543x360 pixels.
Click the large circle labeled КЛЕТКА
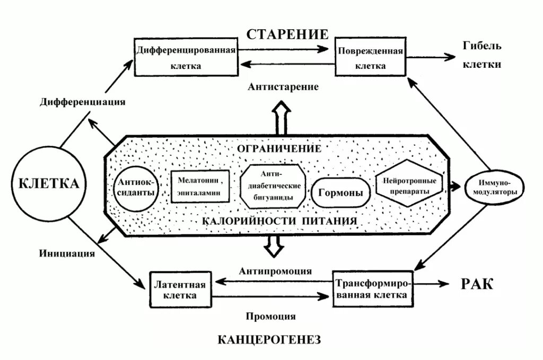48,184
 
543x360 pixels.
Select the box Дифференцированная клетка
186,57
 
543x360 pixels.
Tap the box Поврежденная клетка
370,57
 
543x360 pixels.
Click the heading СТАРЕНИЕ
287,34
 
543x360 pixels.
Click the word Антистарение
283,86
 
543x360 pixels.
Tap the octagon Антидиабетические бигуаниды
274,187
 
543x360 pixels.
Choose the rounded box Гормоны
340,192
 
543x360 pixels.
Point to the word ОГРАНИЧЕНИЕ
279,148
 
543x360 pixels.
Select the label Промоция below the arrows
270,317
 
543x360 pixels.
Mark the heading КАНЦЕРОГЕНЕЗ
270,340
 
